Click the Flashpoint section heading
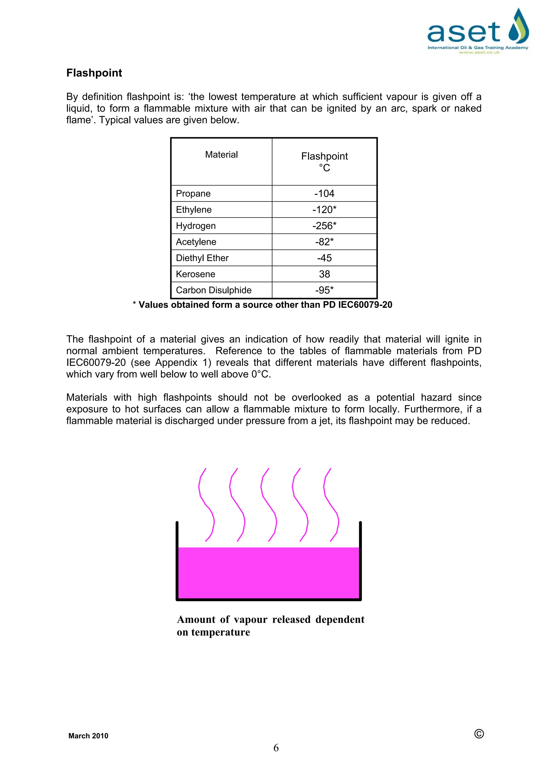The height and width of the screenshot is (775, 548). (x=94, y=73)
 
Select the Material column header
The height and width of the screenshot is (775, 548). (x=221, y=155)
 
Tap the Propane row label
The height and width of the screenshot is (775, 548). (x=193, y=193)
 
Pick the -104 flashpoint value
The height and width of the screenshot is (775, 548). (x=324, y=193)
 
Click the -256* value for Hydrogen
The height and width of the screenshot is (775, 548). (x=324, y=226)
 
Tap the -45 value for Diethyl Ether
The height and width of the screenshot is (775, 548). (x=324, y=258)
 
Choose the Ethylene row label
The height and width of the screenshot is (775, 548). (x=193, y=210)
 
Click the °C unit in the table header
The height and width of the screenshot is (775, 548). (x=324, y=168)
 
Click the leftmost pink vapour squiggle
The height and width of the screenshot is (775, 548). (x=206, y=505)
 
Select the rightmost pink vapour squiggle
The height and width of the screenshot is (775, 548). (x=331, y=505)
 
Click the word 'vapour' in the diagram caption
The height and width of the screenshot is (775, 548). (x=250, y=620)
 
